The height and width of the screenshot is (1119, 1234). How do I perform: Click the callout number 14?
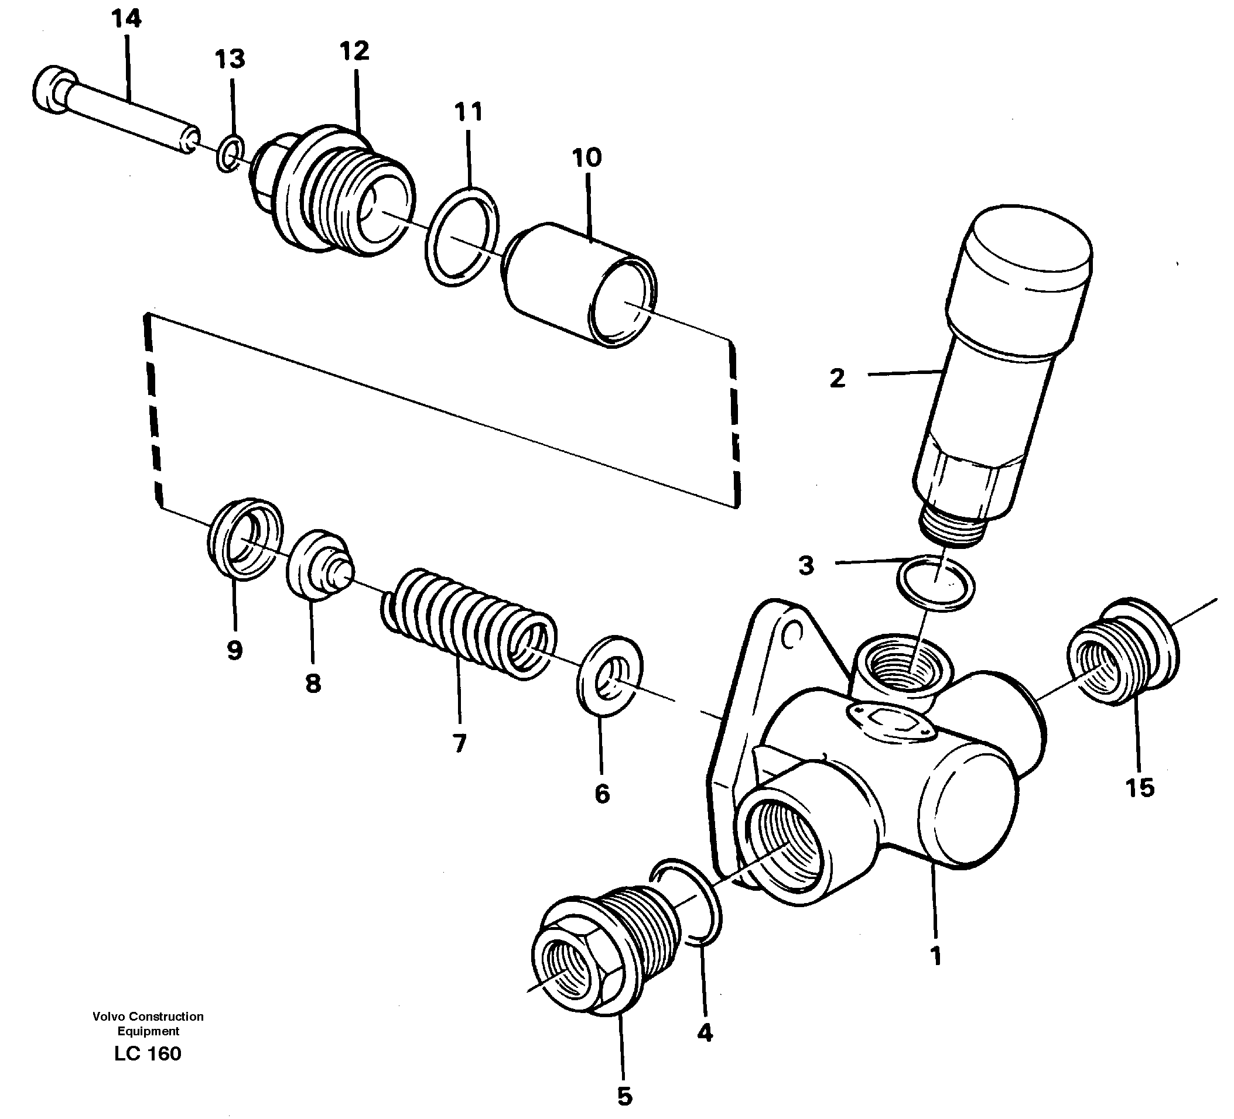pos(127,19)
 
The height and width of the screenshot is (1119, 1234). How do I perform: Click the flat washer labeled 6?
pos(610,675)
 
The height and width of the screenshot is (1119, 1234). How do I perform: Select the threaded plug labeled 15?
pos(1123,653)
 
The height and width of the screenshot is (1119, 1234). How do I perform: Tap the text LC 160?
pos(148,1053)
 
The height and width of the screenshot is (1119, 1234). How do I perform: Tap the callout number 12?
pos(354,52)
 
